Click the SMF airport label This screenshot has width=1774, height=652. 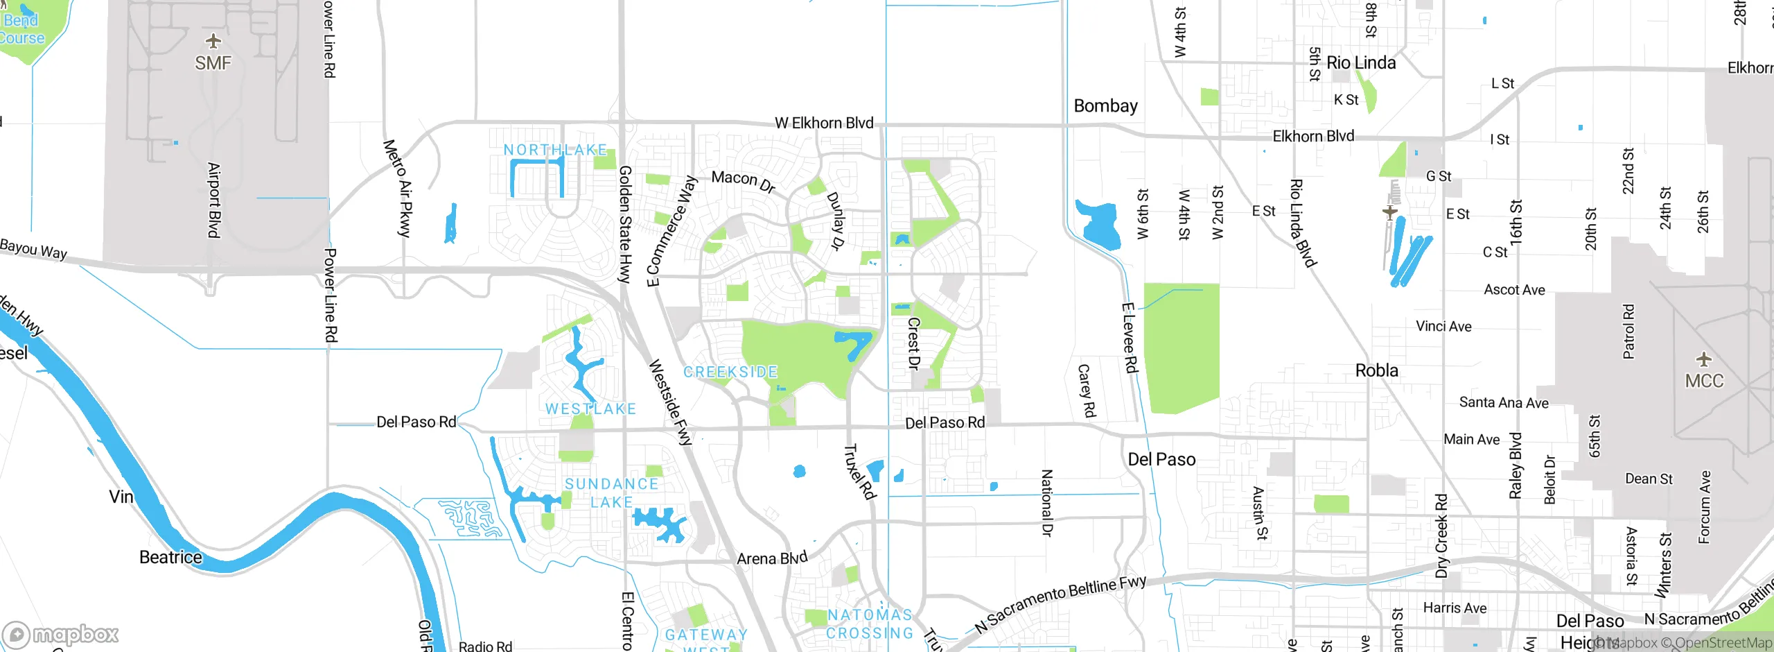(213, 63)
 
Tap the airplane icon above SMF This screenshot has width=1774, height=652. (213, 41)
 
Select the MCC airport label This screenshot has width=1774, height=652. (1704, 381)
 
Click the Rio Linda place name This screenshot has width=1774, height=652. (1361, 63)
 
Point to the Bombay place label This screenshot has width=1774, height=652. (1105, 106)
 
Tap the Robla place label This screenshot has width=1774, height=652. (1376, 370)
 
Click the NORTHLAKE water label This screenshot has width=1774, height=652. (555, 150)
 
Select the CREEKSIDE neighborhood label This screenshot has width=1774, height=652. (730, 372)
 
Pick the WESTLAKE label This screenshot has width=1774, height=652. (590, 409)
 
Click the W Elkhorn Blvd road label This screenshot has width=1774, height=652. (823, 123)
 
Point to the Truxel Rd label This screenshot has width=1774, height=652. (859, 472)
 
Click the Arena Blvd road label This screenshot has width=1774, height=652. (772, 558)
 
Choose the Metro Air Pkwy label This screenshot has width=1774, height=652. (398, 188)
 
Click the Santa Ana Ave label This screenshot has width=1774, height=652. (1503, 402)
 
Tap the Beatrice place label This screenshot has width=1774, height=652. (170, 557)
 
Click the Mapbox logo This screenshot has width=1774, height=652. (60, 634)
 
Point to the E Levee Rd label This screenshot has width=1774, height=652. (1129, 338)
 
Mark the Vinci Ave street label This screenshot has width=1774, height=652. (1443, 326)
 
